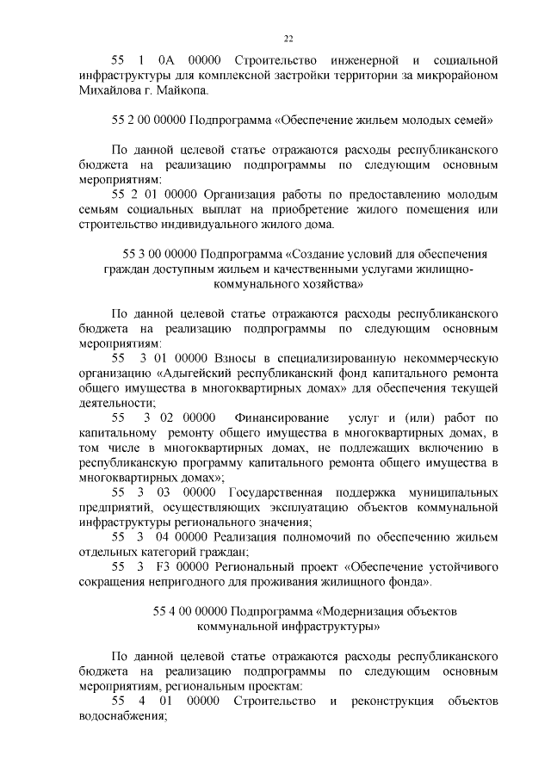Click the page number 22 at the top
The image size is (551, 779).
[x=289, y=38]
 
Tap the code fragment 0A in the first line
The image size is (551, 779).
[x=166, y=61]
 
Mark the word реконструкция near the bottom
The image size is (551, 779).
[x=396, y=702]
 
